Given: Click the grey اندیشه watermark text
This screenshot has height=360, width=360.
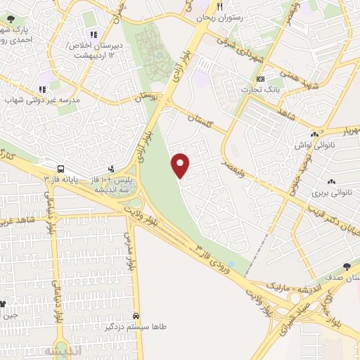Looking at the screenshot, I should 63,350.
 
